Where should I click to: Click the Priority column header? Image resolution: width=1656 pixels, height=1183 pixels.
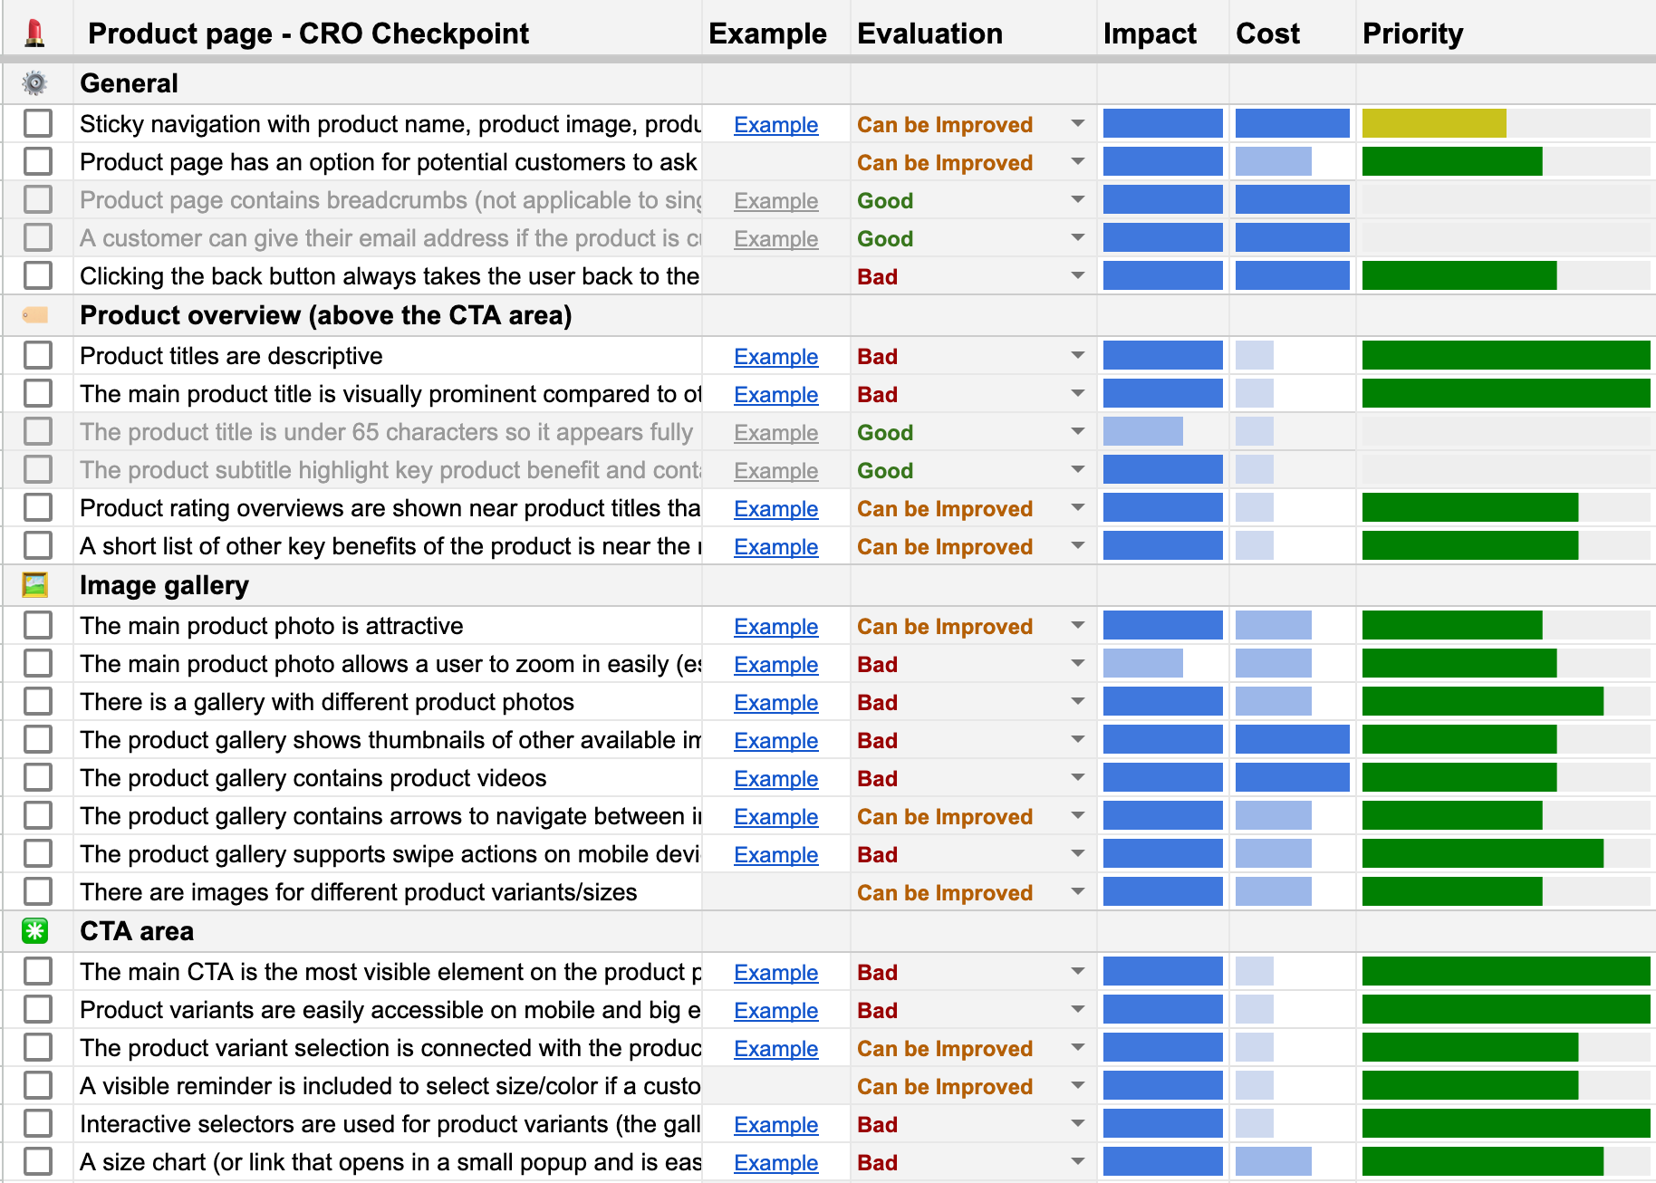point(1412,34)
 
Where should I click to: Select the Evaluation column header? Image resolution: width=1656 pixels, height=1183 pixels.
point(929,34)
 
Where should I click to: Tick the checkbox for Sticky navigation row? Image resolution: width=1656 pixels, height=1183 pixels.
point(38,123)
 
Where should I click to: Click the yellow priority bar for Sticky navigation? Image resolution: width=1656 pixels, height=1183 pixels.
point(1433,123)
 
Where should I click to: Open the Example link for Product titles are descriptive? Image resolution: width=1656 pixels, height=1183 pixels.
point(775,356)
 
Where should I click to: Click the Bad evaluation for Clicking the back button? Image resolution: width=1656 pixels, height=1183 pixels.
point(877,276)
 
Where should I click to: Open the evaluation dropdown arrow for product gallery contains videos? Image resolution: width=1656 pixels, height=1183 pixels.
point(1077,777)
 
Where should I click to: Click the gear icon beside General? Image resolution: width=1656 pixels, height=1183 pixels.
point(35,83)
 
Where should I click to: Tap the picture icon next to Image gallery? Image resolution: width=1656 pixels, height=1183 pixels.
point(35,585)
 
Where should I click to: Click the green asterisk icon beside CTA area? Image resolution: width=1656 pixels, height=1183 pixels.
point(35,930)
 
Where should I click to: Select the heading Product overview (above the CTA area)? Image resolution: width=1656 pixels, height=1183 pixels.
point(325,315)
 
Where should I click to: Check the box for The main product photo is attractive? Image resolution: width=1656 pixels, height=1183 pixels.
point(38,625)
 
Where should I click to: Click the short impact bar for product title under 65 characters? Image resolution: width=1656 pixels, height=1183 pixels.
point(1142,431)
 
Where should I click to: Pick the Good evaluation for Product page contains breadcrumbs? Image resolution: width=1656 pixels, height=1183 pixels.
point(885,200)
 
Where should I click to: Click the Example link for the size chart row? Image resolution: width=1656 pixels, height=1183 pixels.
point(775,1162)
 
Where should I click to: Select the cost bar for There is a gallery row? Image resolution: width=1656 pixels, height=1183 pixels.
point(1273,701)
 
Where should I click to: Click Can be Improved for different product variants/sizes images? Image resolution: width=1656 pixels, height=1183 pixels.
point(944,892)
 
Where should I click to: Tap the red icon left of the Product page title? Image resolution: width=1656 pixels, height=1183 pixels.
point(35,34)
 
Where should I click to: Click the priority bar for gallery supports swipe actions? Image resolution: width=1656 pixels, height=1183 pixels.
point(1482,853)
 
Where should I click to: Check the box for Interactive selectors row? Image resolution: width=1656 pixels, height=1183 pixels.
point(38,1123)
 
